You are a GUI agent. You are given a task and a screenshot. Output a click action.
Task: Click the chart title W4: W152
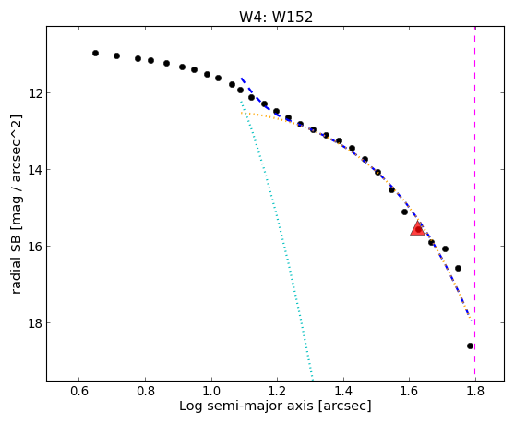[x=276, y=17]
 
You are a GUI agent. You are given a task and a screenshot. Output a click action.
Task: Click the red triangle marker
[x=418, y=228]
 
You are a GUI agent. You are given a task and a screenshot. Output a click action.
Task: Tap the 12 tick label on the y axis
[x=35, y=93]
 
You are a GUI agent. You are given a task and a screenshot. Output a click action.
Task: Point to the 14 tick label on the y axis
[x=35, y=170]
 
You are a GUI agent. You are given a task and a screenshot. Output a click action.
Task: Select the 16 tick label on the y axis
[x=35, y=247]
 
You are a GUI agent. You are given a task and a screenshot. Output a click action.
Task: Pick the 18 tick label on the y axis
[x=35, y=323]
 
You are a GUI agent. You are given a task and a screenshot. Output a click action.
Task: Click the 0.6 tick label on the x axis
[x=79, y=391]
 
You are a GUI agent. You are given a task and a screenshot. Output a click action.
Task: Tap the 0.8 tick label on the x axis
[x=146, y=391]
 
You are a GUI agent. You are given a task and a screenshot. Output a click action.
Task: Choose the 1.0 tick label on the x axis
[x=211, y=391]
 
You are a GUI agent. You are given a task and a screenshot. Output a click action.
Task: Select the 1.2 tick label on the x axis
[x=278, y=391]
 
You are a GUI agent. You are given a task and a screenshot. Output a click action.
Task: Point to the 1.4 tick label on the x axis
[x=343, y=391]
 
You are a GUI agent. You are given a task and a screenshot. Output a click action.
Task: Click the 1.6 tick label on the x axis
[x=409, y=391]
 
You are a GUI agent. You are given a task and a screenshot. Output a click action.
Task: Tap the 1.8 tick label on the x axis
[x=475, y=391]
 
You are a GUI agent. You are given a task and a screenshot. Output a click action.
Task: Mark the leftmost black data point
[x=95, y=53]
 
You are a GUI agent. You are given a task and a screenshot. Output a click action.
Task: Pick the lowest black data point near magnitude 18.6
[x=470, y=345]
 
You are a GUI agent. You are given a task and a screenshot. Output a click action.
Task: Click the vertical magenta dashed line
[x=475, y=204]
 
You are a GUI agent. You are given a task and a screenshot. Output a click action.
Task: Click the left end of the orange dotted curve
[x=241, y=113]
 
